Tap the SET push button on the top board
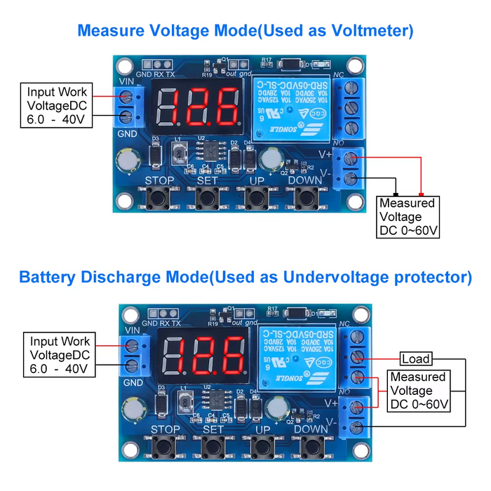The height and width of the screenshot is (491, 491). tap(207, 199)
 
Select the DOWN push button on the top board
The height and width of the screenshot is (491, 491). tap(304, 199)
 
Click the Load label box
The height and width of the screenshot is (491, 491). tap(416, 359)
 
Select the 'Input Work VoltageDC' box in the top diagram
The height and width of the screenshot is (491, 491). tap(57, 105)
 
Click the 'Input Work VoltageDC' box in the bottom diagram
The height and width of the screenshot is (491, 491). tap(60, 355)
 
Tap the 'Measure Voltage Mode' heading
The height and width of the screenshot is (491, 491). tap(245, 31)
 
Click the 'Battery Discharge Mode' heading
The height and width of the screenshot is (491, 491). tap(245, 277)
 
